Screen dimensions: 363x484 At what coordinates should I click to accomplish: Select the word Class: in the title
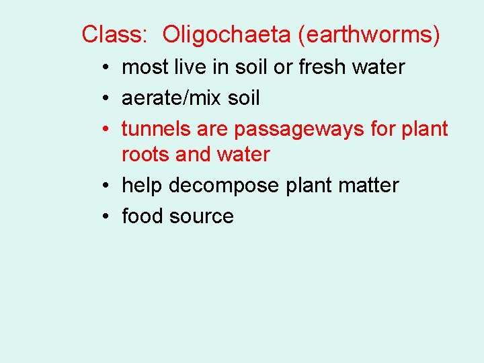[114, 34]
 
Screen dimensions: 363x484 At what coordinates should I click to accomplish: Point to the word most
[145, 67]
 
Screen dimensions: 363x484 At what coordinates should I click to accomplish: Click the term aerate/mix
[173, 98]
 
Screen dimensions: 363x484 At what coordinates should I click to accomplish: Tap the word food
[142, 216]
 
